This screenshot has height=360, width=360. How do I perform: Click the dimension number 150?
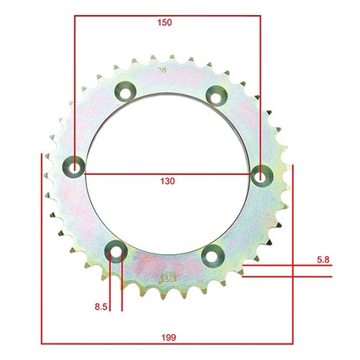pyautogui.click(x=166, y=22)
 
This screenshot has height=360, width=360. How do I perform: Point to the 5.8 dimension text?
pyautogui.click(x=323, y=258)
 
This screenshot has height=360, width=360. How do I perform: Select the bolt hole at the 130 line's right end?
pyautogui.click(x=260, y=174)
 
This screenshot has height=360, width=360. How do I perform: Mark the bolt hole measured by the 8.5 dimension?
pyautogui.click(x=115, y=251)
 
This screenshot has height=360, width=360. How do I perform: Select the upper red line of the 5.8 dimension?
pyautogui.click(x=288, y=266)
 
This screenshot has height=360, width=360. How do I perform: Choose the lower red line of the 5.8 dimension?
pyautogui.click(x=288, y=276)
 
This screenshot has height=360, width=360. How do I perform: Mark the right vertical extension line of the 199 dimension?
pyautogui.click(x=293, y=252)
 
